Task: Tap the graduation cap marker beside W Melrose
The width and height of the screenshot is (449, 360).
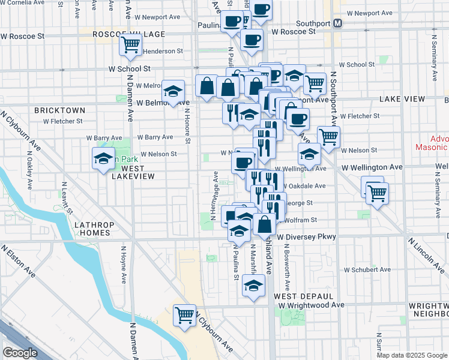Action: point(173,92)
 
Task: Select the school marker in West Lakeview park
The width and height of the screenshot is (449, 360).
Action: point(103,159)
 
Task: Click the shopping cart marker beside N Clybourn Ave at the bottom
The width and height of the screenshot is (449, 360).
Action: point(185,315)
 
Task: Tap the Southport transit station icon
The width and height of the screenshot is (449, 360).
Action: point(338,24)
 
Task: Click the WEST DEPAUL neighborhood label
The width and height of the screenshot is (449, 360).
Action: point(303,296)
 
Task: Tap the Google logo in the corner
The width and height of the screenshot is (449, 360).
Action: point(20,352)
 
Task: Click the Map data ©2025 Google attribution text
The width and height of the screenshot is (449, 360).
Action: point(412,355)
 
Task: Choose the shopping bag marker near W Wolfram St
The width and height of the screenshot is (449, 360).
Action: point(264,225)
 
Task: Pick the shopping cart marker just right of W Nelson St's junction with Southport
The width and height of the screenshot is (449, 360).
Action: point(328,137)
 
